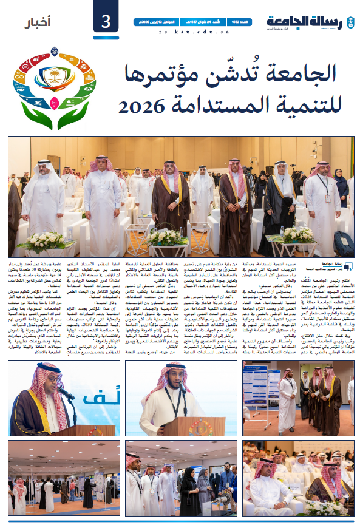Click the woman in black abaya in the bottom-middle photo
tap(189, 489)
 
